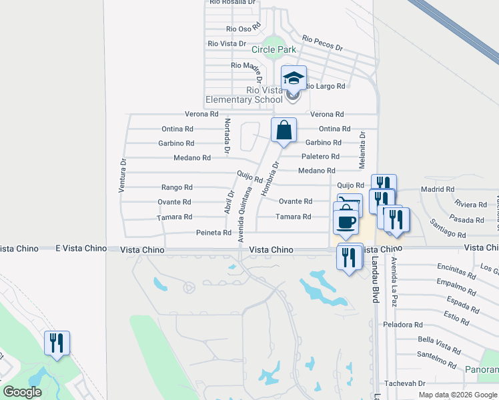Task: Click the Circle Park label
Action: click(274, 49)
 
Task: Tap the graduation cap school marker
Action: click(294, 79)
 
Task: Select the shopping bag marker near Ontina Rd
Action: click(284, 129)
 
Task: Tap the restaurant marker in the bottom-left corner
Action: click(57, 343)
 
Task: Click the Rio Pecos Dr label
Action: click(322, 43)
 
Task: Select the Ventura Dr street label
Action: click(122, 175)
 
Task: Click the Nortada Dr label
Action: click(227, 137)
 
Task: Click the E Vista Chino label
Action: click(81, 248)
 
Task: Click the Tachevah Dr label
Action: click(404, 383)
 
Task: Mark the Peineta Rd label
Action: click(213, 233)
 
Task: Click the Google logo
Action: click(22, 393)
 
